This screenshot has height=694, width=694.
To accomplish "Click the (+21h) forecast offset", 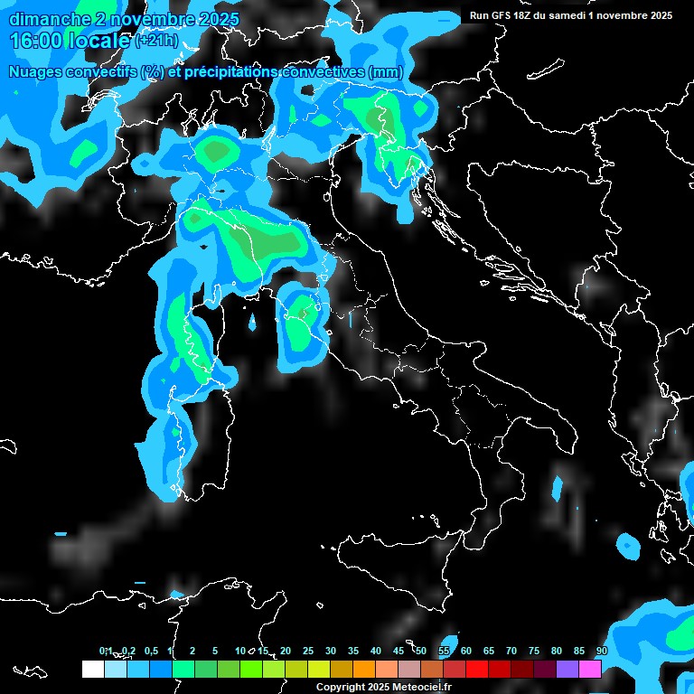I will [155, 41].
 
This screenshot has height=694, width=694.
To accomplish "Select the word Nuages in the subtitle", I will [36, 72].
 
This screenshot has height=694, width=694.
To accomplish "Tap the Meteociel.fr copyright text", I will [389, 687].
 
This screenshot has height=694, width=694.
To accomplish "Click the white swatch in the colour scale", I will [92, 669].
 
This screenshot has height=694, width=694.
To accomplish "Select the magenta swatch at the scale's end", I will [590, 669].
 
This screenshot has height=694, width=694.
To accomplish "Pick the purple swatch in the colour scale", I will [567, 669].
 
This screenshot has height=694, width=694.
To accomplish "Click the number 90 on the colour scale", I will [601, 651].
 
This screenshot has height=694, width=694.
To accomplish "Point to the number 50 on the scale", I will [421, 651].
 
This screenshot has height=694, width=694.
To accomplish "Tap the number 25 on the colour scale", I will [308, 651].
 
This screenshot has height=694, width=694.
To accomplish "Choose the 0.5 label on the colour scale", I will [150, 651].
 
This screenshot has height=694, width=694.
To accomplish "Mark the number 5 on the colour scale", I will [215, 651].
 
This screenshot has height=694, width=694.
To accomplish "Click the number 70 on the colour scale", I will [511, 651].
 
